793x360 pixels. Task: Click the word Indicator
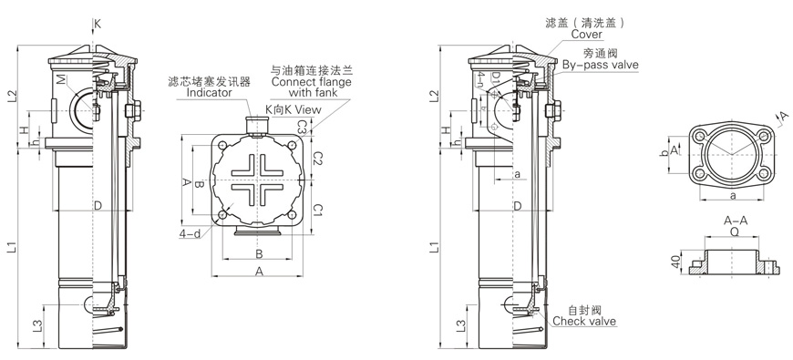coord(209,93)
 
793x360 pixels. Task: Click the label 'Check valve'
coord(584,321)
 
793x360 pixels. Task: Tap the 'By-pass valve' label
coord(601,65)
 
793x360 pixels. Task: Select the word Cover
coord(587,35)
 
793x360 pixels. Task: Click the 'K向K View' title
coord(294,109)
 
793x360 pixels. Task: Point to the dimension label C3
coord(303,127)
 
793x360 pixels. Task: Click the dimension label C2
coord(317,159)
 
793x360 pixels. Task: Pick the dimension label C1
coord(317,210)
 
